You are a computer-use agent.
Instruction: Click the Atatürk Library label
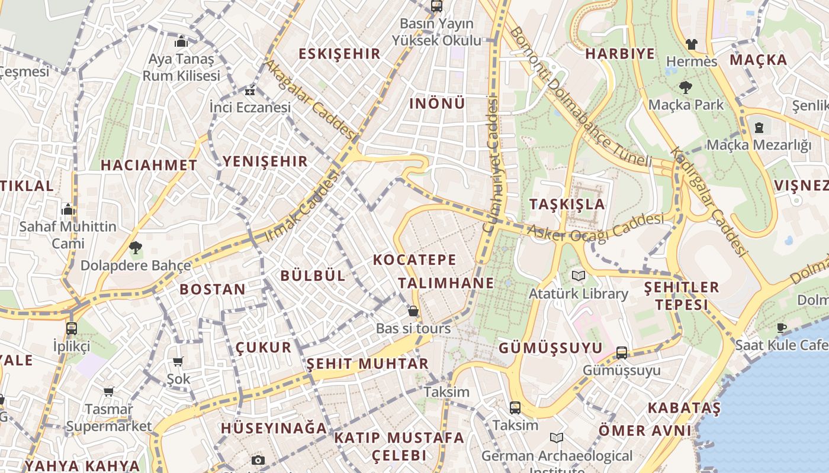(578, 293)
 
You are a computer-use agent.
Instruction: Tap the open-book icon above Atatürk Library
(579, 276)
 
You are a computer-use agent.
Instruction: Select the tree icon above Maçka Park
(686, 88)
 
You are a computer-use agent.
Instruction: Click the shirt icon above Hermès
(691, 44)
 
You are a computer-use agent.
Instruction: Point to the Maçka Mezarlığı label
(759, 144)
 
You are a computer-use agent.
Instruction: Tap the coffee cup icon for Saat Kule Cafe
(782, 328)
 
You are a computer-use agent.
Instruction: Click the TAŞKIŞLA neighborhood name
(567, 205)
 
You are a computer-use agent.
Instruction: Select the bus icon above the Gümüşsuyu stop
(622, 353)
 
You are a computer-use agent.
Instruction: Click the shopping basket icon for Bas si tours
(413, 310)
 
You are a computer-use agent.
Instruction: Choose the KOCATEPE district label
(415, 260)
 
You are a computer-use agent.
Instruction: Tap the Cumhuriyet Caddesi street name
(492, 166)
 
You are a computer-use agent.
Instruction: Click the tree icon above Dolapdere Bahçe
(136, 248)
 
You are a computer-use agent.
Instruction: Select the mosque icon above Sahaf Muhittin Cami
(68, 209)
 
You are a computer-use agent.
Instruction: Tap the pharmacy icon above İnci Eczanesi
(250, 91)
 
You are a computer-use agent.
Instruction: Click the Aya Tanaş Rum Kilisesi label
(181, 67)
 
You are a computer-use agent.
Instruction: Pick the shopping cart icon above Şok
(178, 361)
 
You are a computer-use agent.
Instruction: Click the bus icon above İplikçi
(72, 328)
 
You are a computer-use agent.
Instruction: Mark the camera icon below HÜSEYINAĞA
(258, 460)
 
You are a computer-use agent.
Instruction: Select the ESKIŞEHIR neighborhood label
(339, 54)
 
